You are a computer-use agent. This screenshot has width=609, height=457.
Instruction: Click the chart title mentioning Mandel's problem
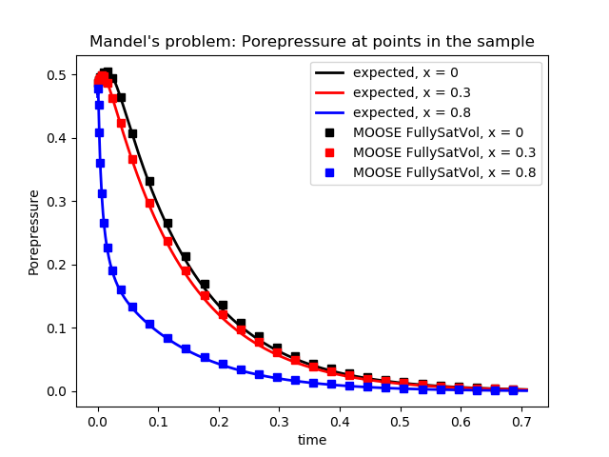click(x=312, y=42)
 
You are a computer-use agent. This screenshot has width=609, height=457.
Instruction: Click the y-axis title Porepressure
click(x=34, y=231)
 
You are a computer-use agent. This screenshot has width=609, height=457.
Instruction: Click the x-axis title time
click(x=312, y=440)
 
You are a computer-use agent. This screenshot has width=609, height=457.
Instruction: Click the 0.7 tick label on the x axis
click(x=521, y=421)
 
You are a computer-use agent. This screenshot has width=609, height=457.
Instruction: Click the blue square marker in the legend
click(x=330, y=172)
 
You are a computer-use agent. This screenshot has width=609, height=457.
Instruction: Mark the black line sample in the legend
click(x=330, y=72)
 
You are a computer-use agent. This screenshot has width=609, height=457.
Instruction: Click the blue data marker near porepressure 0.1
click(x=149, y=325)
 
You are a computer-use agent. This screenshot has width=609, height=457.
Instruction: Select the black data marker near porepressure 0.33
click(x=149, y=181)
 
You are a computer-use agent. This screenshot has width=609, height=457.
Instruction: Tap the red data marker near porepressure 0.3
click(x=149, y=203)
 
